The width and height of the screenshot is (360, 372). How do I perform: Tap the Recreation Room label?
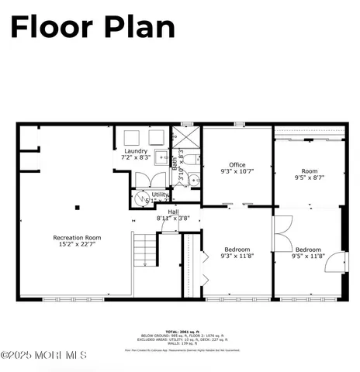pos(77,240)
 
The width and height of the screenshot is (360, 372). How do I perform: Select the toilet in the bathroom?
pos(192,180)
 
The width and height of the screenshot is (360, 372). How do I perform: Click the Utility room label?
pos(160,197)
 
